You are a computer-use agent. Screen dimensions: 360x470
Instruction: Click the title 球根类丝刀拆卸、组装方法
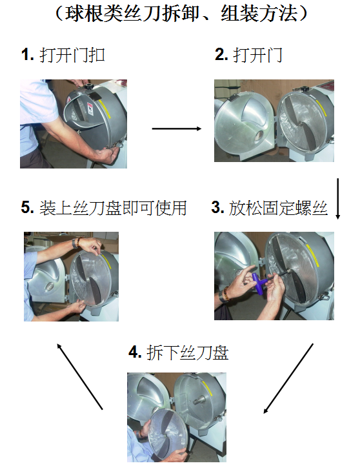tap(181, 14)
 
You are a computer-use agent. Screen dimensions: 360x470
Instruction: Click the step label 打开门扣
tap(72, 55)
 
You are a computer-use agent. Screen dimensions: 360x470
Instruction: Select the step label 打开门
tap(257, 55)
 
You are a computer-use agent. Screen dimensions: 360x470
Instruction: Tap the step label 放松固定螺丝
tap(278, 208)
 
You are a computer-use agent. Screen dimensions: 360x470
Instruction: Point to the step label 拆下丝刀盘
tap(188, 352)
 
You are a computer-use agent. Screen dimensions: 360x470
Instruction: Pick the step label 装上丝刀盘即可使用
tap(113, 208)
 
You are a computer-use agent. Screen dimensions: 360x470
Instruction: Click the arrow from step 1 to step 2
tap(177, 128)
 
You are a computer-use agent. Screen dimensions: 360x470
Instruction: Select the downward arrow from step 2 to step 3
tap(338, 199)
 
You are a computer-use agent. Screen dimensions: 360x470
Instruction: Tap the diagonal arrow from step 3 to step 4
tap(288, 378)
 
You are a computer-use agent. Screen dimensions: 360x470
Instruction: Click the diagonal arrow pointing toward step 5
tap(79, 376)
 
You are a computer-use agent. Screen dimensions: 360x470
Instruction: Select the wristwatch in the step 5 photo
tap(75, 243)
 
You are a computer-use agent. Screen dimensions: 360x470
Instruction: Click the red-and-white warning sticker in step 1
tap(90, 109)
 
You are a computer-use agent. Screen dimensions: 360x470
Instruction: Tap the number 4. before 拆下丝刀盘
tap(135, 352)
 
